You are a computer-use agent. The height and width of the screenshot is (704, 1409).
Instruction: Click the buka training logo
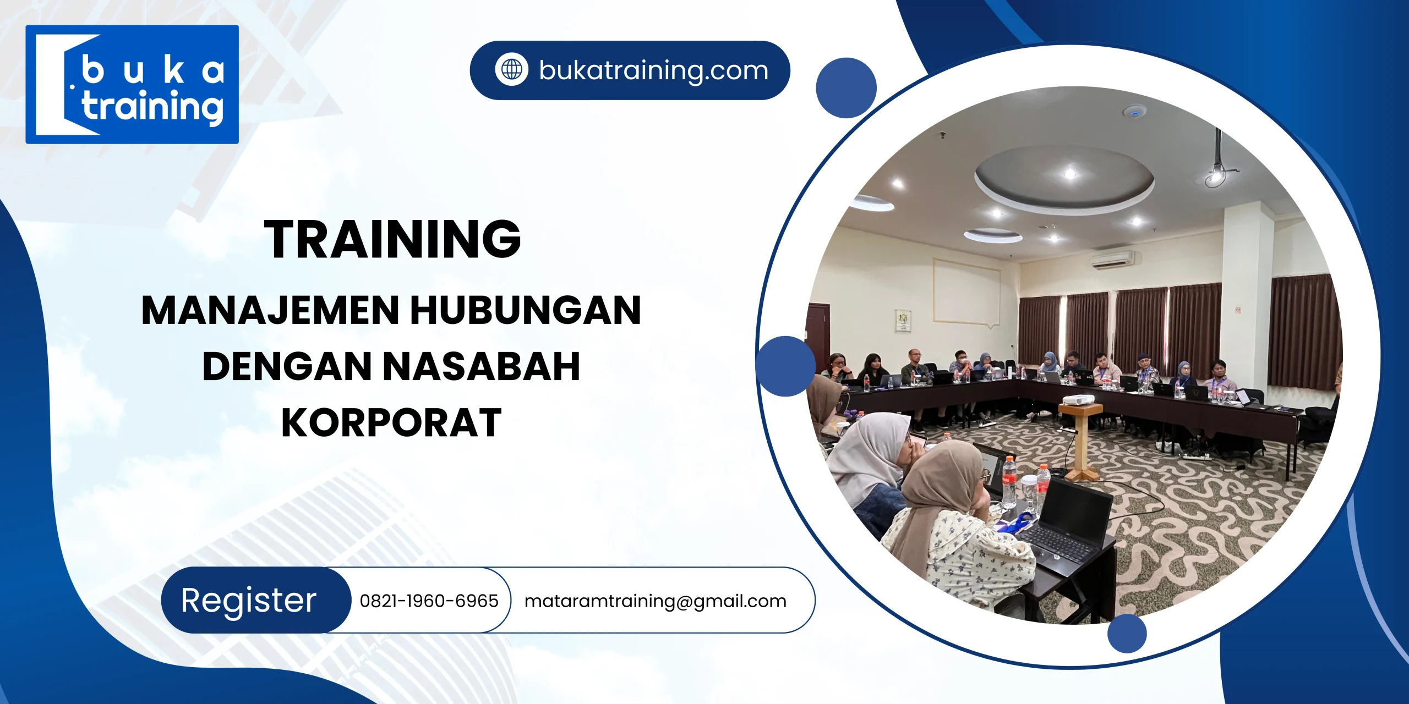(132, 84)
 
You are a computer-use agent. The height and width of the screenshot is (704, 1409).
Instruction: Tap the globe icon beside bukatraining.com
(511, 70)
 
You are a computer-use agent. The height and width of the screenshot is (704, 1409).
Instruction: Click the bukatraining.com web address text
(653, 70)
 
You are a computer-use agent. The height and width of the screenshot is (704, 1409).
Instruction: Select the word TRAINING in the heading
(392, 239)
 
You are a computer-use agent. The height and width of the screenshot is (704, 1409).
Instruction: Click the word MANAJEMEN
(270, 310)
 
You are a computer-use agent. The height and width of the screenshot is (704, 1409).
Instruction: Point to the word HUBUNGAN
(526, 310)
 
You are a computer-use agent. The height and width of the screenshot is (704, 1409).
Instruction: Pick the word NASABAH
(481, 366)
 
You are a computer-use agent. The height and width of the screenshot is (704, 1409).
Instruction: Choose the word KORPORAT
(391, 422)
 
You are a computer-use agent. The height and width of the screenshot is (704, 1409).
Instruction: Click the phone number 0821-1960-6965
(429, 601)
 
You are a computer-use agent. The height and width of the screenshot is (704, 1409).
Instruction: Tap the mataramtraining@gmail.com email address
(655, 601)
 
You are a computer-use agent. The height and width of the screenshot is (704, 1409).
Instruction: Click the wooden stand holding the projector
(1081, 440)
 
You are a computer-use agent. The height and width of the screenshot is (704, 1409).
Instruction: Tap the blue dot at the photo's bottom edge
(1127, 634)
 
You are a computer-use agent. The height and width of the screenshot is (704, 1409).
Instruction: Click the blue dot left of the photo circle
(785, 366)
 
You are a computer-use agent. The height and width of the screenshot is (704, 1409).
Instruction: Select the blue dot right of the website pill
(846, 88)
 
